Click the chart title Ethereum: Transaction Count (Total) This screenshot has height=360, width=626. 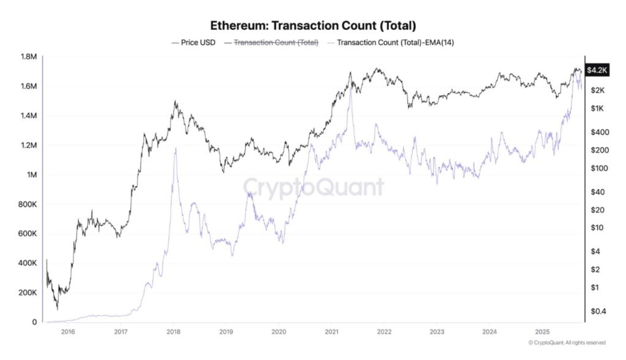(313, 26)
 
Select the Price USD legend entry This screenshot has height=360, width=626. (194, 43)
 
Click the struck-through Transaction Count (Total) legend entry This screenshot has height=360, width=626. (271, 43)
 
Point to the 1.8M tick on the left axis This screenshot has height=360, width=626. (29, 57)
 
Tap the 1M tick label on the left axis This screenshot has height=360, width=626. (32, 175)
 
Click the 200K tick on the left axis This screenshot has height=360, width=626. (29, 293)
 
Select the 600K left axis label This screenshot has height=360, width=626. (29, 233)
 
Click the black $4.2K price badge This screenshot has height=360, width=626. (597, 70)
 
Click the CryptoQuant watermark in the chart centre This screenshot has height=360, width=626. (314, 186)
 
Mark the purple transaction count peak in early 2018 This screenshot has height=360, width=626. (175, 149)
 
